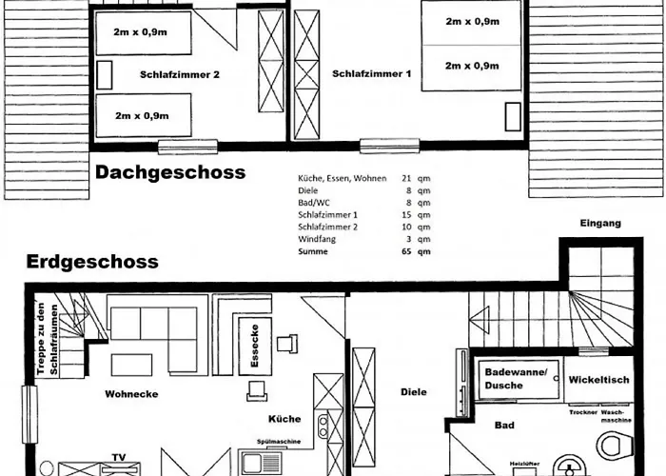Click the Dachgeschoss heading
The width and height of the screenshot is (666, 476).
(x=170, y=172)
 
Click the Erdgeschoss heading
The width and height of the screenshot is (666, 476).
(x=92, y=262)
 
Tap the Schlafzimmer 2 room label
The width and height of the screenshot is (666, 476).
(x=180, y=75)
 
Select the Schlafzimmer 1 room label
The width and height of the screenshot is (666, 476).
(x=372, y=74)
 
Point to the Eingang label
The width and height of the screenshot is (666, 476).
(x=600, y=223)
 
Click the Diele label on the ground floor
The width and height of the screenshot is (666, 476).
(x=414, y=392)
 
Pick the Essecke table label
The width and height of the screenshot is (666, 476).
(x=255, y=346)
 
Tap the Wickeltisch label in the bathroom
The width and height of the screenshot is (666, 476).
(x=598, y=380)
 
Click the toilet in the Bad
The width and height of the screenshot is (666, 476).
(x=615, y=445)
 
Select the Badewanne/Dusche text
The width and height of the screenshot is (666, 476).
(x=516, y=379)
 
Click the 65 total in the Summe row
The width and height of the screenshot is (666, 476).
(x=406, y=251)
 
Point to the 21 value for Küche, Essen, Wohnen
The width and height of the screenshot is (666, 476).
(x=406, y=179)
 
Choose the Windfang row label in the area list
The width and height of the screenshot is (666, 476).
(x=317, y=239)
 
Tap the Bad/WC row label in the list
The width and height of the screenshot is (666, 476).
(x=314, y=203)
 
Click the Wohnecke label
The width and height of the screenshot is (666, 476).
(x=131, y=394)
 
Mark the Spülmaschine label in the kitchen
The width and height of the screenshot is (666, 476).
(x=279, y=442)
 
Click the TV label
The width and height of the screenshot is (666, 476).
(x=119, y=457)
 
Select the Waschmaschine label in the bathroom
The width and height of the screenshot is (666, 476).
(x=616, y=416)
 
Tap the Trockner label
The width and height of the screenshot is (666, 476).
(x=583, y=412)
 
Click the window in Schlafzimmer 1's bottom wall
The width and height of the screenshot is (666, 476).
(x=389, y=146)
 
